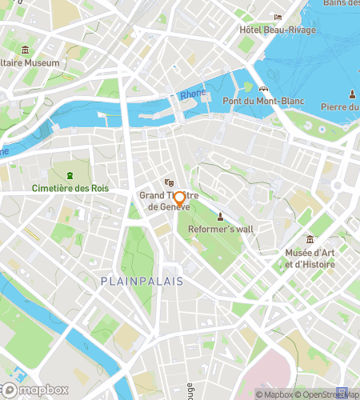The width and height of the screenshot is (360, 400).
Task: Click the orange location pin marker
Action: point(180,201)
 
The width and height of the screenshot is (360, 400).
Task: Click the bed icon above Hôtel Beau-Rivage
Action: point(278,18)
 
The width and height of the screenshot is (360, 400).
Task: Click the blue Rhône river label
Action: point(192,94)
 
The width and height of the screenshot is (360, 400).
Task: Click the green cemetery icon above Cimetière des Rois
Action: point(70,175)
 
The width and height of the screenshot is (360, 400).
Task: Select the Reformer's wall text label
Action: point(221,229)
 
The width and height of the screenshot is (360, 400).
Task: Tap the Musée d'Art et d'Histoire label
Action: point(310,258)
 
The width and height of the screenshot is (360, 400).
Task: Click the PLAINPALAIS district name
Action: point(142,281)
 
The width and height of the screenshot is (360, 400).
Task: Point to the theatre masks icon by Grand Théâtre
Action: point(168,182)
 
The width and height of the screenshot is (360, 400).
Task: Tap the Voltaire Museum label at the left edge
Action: point(30,63)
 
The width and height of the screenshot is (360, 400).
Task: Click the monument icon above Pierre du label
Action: point(351,94)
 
